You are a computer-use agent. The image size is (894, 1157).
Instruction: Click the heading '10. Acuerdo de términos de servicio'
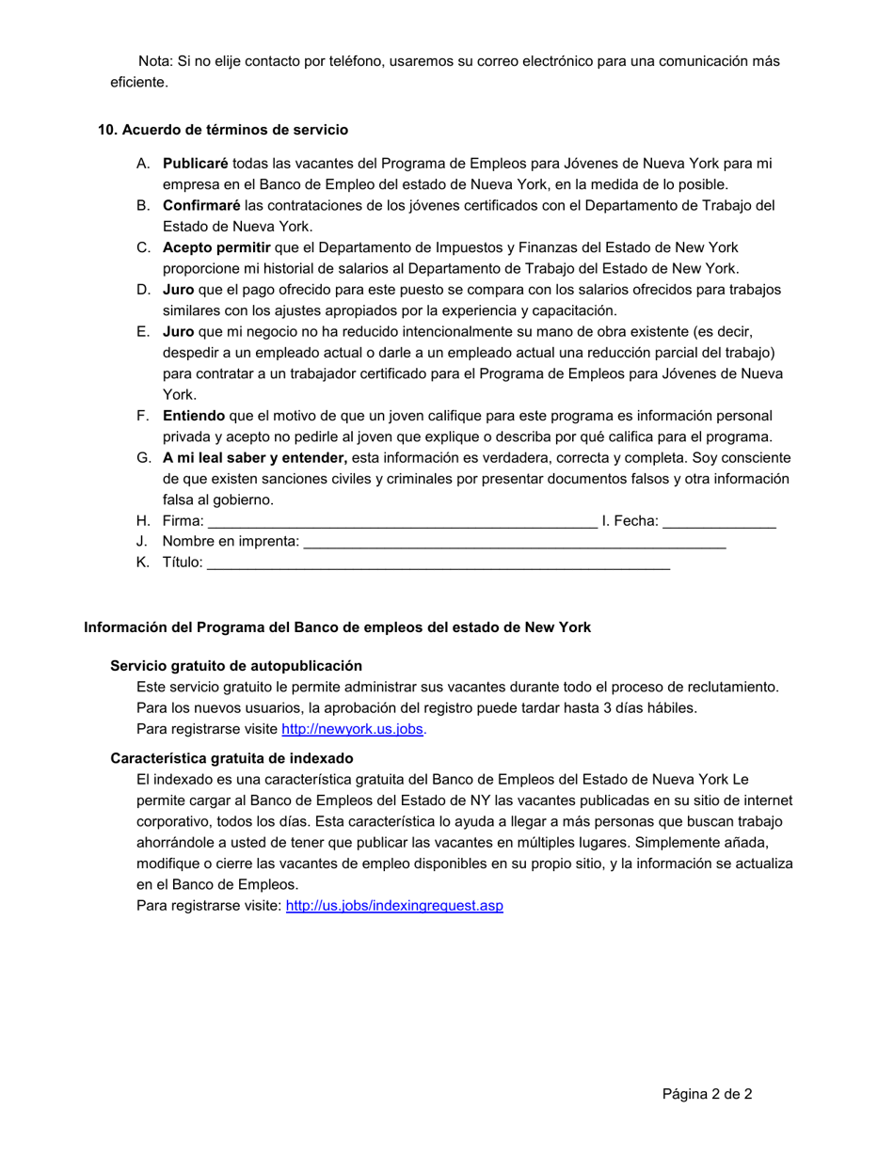(223, 130)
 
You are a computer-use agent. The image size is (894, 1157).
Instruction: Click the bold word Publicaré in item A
(196, 164)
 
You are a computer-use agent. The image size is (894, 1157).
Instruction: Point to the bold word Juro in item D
(178, 290)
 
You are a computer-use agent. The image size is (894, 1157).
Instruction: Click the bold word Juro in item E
(178, 332)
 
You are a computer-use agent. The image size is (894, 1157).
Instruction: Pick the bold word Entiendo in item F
(194, 416)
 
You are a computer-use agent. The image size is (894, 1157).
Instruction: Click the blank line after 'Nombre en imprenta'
(515, 544)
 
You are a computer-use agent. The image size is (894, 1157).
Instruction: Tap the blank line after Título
(438, 564)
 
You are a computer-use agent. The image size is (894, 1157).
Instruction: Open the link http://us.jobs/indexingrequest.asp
(394, 906)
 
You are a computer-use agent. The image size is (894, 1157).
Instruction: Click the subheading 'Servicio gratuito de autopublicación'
(236, 666)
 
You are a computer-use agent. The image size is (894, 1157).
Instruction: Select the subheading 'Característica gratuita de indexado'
(231, 758)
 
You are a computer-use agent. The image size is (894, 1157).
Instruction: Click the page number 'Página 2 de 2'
(707, 1094)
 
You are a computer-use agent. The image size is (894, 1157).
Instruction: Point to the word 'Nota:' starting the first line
(155, 61)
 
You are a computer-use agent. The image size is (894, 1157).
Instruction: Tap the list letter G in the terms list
(143, 458)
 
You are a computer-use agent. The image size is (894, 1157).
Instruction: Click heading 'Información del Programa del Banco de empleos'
(338, 627)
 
